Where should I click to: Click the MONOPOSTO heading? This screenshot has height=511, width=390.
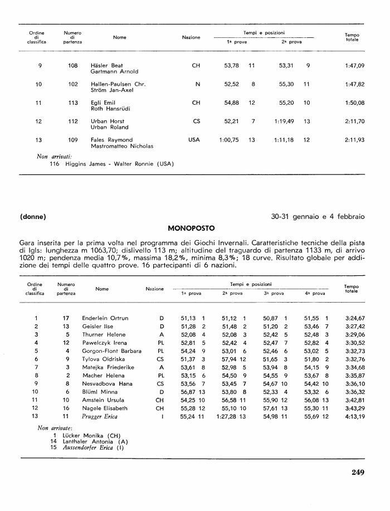191,228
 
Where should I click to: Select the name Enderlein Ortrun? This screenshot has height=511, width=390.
105,318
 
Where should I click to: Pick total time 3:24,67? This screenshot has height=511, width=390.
354,318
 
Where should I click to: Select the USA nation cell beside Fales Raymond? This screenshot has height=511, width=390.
196,140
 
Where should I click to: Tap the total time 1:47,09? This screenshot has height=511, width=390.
354,66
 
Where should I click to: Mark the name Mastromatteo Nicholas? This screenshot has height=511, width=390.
122,146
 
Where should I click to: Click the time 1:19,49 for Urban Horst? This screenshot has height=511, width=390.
284,121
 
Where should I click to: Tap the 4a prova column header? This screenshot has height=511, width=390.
315,293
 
